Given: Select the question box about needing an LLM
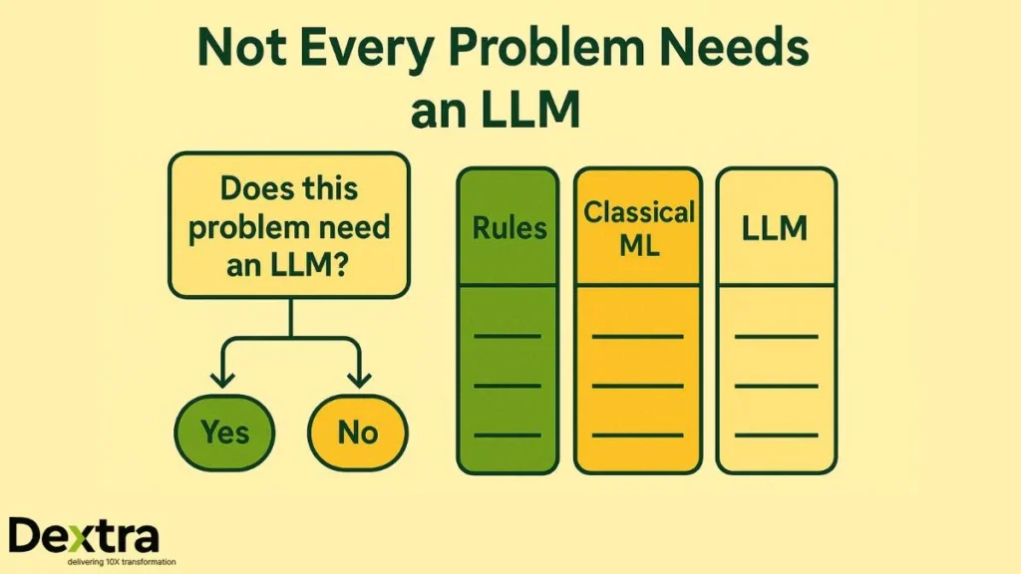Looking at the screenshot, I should (289, 225).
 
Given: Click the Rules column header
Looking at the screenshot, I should (508, 227).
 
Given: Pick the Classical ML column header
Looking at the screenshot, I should (638, 227).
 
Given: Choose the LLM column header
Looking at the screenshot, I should (776, 227).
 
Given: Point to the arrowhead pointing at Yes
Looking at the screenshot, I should (222, 380).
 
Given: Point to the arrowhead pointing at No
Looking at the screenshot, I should (358, 380).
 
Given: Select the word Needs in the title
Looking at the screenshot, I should (740, 48).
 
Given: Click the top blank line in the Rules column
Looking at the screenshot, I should (507, 336).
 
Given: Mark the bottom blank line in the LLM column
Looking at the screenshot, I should (776, 434).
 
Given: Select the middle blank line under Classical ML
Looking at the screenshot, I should (637, 385).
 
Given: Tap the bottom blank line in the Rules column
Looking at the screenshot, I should (507, 434).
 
